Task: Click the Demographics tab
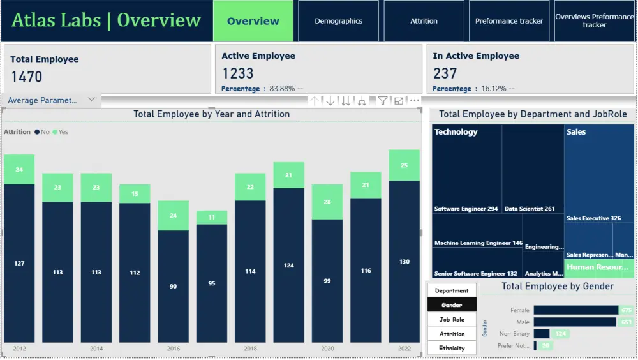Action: tap(338, 21)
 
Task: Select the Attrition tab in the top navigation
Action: tap(424, 21)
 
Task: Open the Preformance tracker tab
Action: tap(509, 21)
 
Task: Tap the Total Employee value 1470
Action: tap(27, 77)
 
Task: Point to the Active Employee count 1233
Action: tap(238, 73)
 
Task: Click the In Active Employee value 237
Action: tap(445, 73)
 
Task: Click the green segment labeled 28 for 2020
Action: tap(327, 202)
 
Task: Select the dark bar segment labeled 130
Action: tap(404, 262)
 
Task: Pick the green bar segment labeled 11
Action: tap(212, 218)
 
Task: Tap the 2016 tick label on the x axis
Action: tap(174, 349)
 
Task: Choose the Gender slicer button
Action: tap(452, 305)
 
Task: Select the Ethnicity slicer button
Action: tap(452, 348)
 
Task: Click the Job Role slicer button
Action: tap(452, 319)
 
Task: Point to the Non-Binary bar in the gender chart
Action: tap(542, 333)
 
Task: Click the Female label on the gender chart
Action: tap(520, 310)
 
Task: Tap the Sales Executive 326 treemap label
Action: tap(593, 218)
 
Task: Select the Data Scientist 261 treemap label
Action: tap(530, 209)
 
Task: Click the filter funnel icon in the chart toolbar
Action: tap(382, 101)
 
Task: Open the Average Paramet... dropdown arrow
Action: tap(91, 100)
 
